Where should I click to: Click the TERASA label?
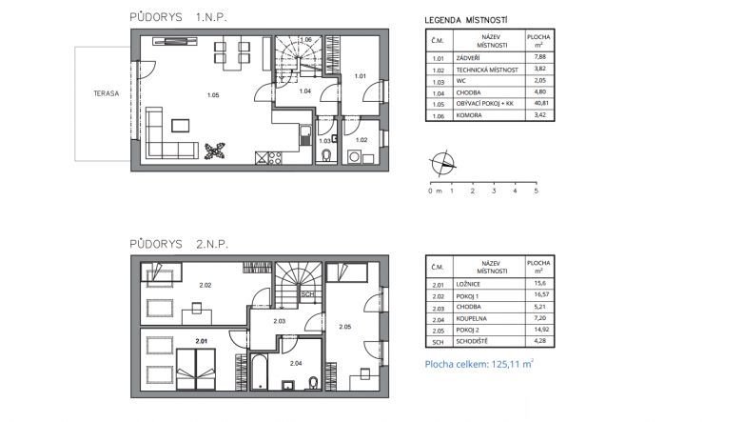(x=107, y=93)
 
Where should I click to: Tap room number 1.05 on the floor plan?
(x=213, y=95)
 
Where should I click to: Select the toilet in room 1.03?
(x=325, y=155)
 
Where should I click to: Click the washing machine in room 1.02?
(x=354, y=157)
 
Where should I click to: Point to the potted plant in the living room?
(x=215, y=151)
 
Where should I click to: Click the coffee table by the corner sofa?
(x=180, y=126)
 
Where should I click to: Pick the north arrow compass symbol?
(x=442, y=164)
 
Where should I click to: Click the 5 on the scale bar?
(x=537, y=191)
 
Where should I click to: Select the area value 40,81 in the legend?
(x=539, y=103)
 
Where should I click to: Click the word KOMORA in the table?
(x=469, y=115)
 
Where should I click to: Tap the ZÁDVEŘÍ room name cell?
(x=468, y=58)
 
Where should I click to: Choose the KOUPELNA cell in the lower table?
(x=472, y=318)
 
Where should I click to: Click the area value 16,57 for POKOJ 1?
(x=539, y=294)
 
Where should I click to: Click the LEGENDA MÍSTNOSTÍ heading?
(x=466, y=20)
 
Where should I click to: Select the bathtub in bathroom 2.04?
(x=259, y=372)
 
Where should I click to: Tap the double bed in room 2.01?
(x=196, y=369)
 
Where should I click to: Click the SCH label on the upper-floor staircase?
(x=307, y=294)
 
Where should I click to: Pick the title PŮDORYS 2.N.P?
(x=179, y=245)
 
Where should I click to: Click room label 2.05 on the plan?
(x=345, y=327)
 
